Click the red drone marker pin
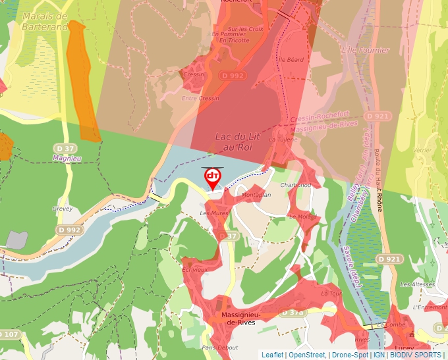212,177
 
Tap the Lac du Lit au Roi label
234,141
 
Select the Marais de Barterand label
44,21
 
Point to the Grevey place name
62,209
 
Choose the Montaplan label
256,195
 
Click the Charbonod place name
296,186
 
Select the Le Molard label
302,217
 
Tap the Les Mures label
213,213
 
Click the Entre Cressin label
200,98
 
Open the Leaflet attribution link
273,355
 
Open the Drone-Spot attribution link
349,355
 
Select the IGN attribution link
379,355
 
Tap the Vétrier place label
422,150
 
